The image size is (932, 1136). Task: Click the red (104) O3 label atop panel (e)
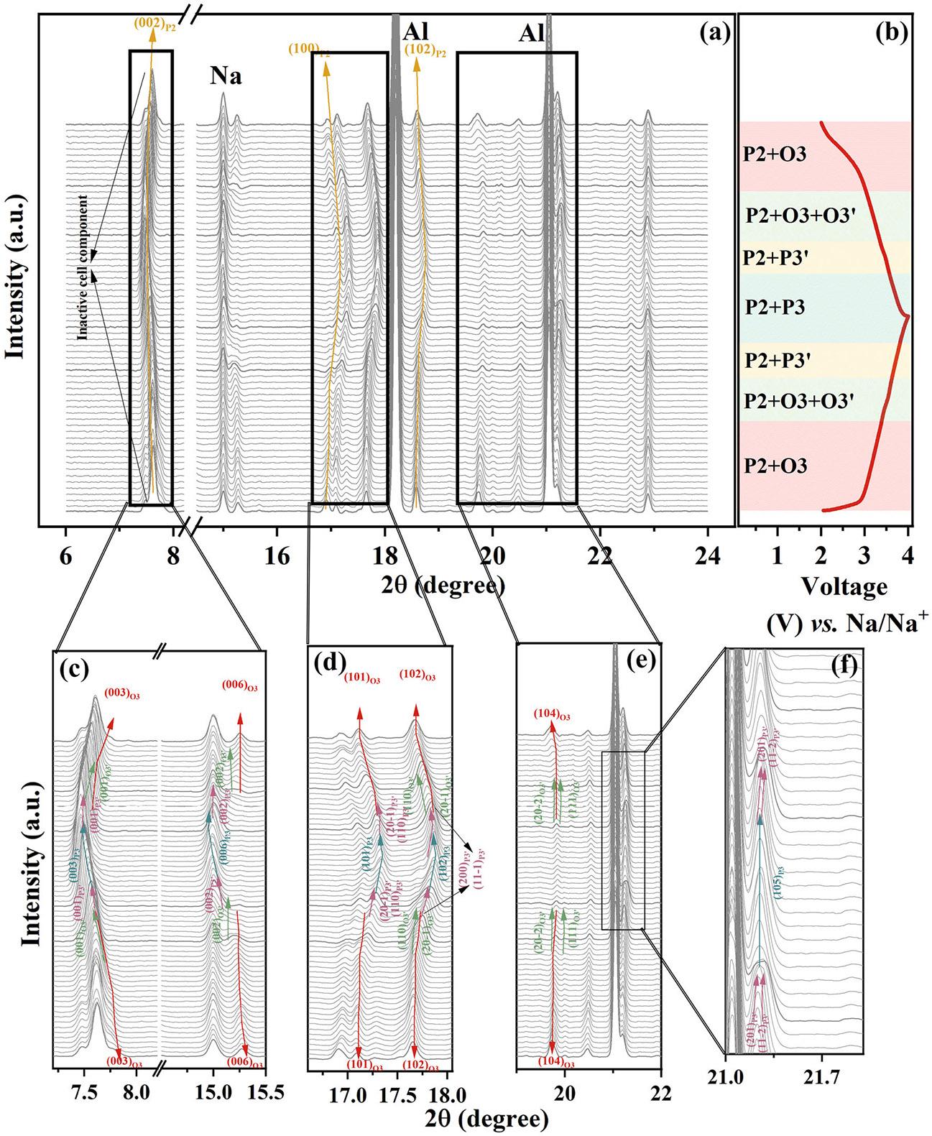click(552, 715)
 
